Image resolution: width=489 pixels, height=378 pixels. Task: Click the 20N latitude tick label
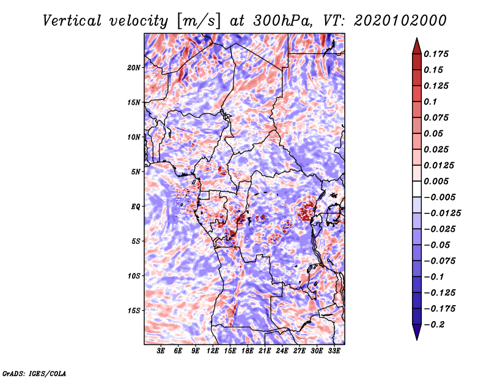[x=134, y=68]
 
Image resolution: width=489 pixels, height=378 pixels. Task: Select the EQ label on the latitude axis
[x=136, y=207]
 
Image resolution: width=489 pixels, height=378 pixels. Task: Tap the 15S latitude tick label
[x=134, y=311]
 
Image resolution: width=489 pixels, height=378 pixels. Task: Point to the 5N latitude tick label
[x=136, y=172]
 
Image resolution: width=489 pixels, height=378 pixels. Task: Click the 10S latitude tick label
[x=134, y=276]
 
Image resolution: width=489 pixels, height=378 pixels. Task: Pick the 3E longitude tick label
[x=161, y=351]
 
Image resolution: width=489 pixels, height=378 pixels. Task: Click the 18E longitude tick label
[x=248, y=351]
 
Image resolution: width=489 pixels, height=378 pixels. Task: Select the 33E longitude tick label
[x=334, y=351]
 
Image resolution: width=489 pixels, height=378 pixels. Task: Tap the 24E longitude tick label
[x=282, y=351]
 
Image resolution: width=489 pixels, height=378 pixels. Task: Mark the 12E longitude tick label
[x=213, y=351]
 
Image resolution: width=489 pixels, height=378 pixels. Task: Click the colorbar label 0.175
[x=436, y=54]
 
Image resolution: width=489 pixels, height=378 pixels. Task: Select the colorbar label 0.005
[x=436, y=181]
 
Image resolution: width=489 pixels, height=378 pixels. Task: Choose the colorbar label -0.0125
[x=442, y=213]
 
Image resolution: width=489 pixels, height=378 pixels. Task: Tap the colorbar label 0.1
[x=430, y=102]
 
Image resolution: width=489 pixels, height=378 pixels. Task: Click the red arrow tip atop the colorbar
[x=417, y=38]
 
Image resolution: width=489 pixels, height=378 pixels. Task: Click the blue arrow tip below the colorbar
[x=417, y=340]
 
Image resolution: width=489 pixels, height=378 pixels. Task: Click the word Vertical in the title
[x=72, y=21]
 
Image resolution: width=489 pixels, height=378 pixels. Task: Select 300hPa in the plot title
[x=282, y=21]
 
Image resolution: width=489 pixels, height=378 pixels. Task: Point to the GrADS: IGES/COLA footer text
[x=34, y=373]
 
